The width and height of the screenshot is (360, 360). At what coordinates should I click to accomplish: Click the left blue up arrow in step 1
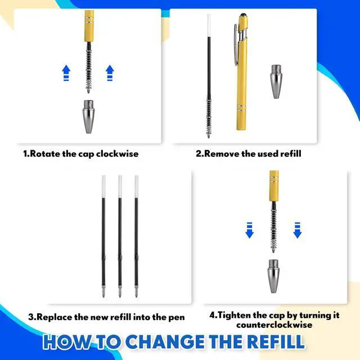tap(66, 73)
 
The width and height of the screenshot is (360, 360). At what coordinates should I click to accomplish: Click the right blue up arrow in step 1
tap(110, 73)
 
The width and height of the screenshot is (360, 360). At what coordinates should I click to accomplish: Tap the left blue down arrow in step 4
tap(250, 230)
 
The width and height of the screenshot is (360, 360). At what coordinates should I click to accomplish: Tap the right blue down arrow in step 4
tap(298, 230)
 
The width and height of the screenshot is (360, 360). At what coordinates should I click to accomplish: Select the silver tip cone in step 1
tap(89, 116)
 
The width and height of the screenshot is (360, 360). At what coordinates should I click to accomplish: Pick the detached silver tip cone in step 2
tap(276, 82)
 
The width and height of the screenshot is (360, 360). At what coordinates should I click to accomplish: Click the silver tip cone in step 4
tap(273, 276)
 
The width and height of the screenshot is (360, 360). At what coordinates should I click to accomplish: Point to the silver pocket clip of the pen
tap(236, 45)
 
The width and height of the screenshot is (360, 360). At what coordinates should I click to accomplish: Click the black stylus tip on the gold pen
tap(244, 16)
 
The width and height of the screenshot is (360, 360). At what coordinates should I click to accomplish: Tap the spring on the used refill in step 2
tap(209, 118)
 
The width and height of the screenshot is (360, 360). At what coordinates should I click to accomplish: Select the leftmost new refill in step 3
tap(103, 236)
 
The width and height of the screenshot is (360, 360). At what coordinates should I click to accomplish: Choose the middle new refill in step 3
tap(120, 236)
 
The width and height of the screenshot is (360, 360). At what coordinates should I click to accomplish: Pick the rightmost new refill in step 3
tap(136, 236)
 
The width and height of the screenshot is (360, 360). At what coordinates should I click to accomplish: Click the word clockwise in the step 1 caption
tap(118, 154)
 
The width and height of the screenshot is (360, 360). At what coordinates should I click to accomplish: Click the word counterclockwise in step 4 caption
tap(274, 325)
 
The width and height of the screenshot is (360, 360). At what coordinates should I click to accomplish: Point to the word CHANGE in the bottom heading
tap(165, 342)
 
